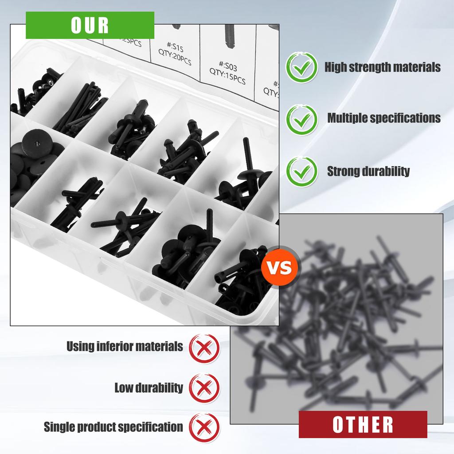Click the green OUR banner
(x=90, y=25)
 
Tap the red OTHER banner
(x=363, y=424)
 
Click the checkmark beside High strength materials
(x=301, y=67)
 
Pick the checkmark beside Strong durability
(x=301, y=171)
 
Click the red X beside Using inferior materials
(x=204, y=347)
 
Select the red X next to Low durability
(x=204, y=387)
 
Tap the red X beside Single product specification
(x=204, y=427)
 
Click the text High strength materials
(x=383, y=67)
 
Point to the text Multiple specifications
(x=384, y=118)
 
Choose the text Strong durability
(x=368, y=171)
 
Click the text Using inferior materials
(x=125, y=346)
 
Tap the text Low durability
(x=149, y=387)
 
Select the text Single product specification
(x=113, y=427)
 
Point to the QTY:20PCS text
(x=175, y=58)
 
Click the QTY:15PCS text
(x=227, y=78)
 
